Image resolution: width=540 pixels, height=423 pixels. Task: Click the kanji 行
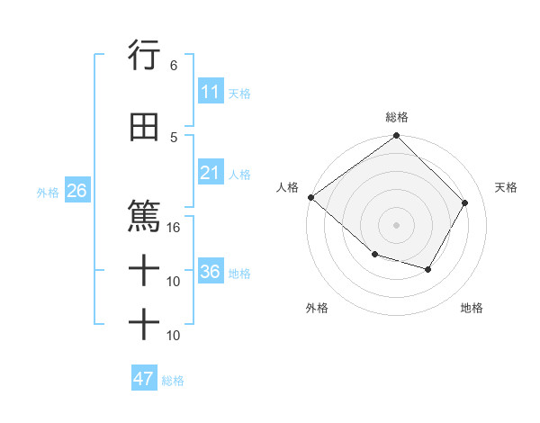[x=144, y=56]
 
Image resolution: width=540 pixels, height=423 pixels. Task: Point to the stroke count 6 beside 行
[x=173, y=66]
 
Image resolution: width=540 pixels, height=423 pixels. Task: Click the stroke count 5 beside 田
[x=173, y=137]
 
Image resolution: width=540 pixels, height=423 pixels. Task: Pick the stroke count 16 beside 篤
[x=174, y=228]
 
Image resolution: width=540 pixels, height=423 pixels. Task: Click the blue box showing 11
[x=211, y=92]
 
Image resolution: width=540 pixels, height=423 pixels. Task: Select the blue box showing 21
[x=211, y=173]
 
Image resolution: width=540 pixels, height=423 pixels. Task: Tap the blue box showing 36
[x=211, y=272]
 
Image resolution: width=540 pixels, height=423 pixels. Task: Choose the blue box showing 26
[x=76, y=191]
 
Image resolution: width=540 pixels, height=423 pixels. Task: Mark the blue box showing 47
[x=144, y=379]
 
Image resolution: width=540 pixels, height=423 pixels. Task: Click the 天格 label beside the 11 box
[x=239, y=93]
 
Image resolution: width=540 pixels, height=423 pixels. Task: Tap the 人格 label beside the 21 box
[x=239, y=174]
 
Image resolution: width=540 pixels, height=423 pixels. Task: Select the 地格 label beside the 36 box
[x=239, y=273]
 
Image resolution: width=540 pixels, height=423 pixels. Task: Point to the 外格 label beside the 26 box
[x=48, y=192]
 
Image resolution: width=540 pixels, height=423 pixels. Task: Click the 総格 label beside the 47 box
[x=173, y=380]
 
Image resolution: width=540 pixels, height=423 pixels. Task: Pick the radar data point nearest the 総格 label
[x=397, y=137]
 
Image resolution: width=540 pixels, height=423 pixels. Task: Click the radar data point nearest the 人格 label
[x=310, y=197]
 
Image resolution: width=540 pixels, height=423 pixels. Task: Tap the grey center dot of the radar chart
[x=397, y=224]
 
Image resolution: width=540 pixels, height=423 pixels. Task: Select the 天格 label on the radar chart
[x=506, y=187]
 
